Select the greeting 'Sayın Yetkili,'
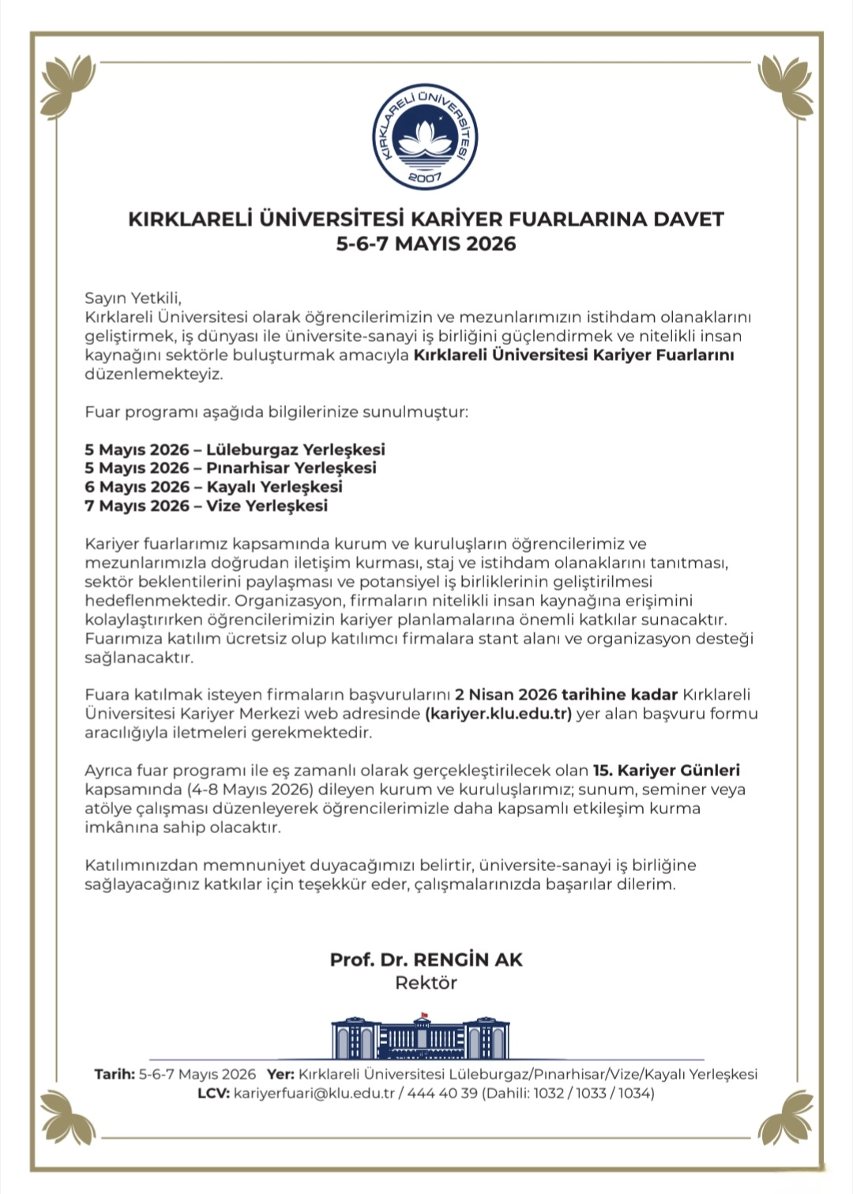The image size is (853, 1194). tap(133, 298)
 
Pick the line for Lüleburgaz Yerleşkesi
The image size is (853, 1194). tap(235, 449)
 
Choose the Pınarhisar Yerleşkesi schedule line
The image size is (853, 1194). tap(230, 467)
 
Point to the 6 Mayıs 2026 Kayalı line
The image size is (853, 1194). tap(213, 486)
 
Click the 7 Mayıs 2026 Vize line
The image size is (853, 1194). tap(205, 505)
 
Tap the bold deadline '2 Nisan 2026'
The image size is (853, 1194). tap(506, 695)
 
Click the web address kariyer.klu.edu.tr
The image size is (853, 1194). tap(498, 714)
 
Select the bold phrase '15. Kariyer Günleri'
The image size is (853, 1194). tap(666, 770)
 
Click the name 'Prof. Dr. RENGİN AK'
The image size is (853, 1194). tap(426, 959)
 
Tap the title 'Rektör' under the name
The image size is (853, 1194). tap(426, 982)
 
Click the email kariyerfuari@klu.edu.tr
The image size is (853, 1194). tap(314, 1093)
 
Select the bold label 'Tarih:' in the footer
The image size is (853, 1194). tap(115, 1074)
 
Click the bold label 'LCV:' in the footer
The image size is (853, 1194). tap(213, 1093)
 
